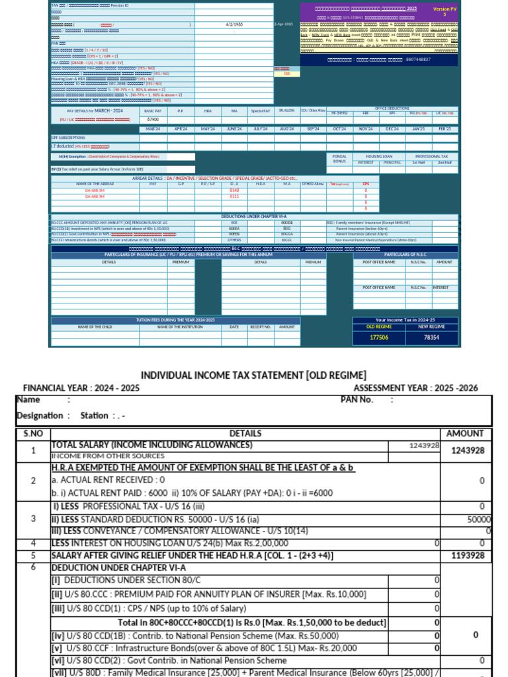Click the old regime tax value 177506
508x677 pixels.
point(378,337)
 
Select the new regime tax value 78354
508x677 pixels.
point(431,337)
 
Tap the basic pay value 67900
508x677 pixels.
point(153,120)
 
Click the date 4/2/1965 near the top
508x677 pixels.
point(234,24)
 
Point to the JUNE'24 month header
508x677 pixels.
point(234,129)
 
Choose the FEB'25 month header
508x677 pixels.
point(444,129)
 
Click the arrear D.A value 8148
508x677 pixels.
point(234,190)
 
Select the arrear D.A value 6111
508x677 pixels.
point(234,196)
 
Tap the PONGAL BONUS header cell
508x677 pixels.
point(339,159)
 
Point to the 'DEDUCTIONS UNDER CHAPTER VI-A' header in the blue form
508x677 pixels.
point(254,216)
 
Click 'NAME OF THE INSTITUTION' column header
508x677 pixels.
point(180,327)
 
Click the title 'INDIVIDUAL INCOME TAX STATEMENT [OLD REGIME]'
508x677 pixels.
point(254,375)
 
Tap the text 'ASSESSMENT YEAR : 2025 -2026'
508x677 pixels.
point(415,388)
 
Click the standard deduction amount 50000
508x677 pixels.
point(478,519)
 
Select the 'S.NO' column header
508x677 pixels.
point(32,433)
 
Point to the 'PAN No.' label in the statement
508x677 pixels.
point(357,399)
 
